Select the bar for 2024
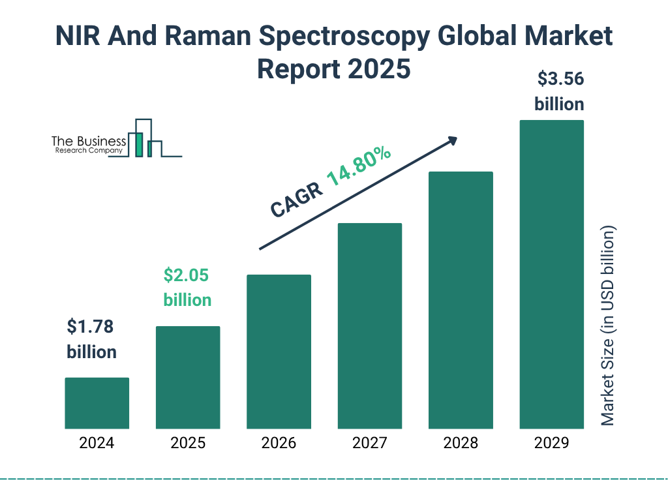97,403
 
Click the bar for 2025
188,377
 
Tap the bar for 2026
279,352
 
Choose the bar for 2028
461,300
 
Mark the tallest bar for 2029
551,275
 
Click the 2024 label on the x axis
97,444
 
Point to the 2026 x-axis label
279,444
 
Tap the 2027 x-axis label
369,444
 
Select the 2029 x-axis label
551,444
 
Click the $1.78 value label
91,326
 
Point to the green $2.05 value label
187,275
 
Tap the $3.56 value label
560,80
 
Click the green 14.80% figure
358,168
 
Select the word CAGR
296,200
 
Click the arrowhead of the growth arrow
451,141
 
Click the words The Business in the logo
89,141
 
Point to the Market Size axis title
608,326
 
